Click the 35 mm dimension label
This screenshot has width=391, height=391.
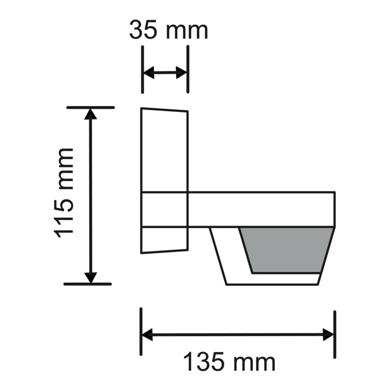click(168, 30)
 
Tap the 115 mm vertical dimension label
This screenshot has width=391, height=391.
click(65, 192)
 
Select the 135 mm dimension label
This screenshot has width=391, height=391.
click(229, 362)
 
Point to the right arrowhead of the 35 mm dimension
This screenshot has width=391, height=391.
click(182, 73)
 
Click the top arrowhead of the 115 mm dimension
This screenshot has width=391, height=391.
click(91, 113)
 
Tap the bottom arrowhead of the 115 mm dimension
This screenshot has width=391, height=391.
click(91, 277)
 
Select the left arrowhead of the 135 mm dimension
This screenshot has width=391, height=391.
click(147, 335)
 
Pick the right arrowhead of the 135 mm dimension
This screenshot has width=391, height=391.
click(329, 335)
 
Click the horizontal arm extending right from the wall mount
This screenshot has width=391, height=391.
click(261, 209)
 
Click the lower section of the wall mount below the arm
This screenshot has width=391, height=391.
click(164, 239)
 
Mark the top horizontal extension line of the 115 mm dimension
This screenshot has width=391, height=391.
click(91, 108)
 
